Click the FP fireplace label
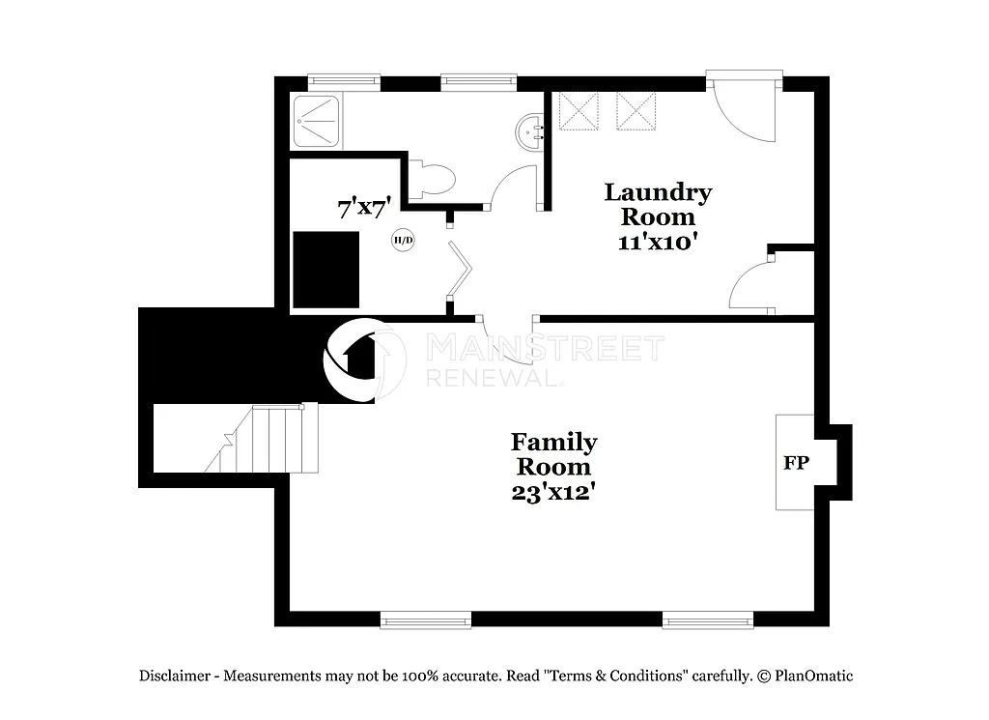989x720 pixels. [796, 463]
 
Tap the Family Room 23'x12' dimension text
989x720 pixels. [552, 491]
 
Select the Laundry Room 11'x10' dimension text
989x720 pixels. [658, 242]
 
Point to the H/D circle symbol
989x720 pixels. [403, 241]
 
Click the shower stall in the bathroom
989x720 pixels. [316, 121]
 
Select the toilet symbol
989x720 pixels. [432, 179]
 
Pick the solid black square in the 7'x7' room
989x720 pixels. [326, 269]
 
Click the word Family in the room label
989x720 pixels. [553, 443]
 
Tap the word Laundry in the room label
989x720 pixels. [658, 192]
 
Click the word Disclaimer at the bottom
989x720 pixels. [174, 677]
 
